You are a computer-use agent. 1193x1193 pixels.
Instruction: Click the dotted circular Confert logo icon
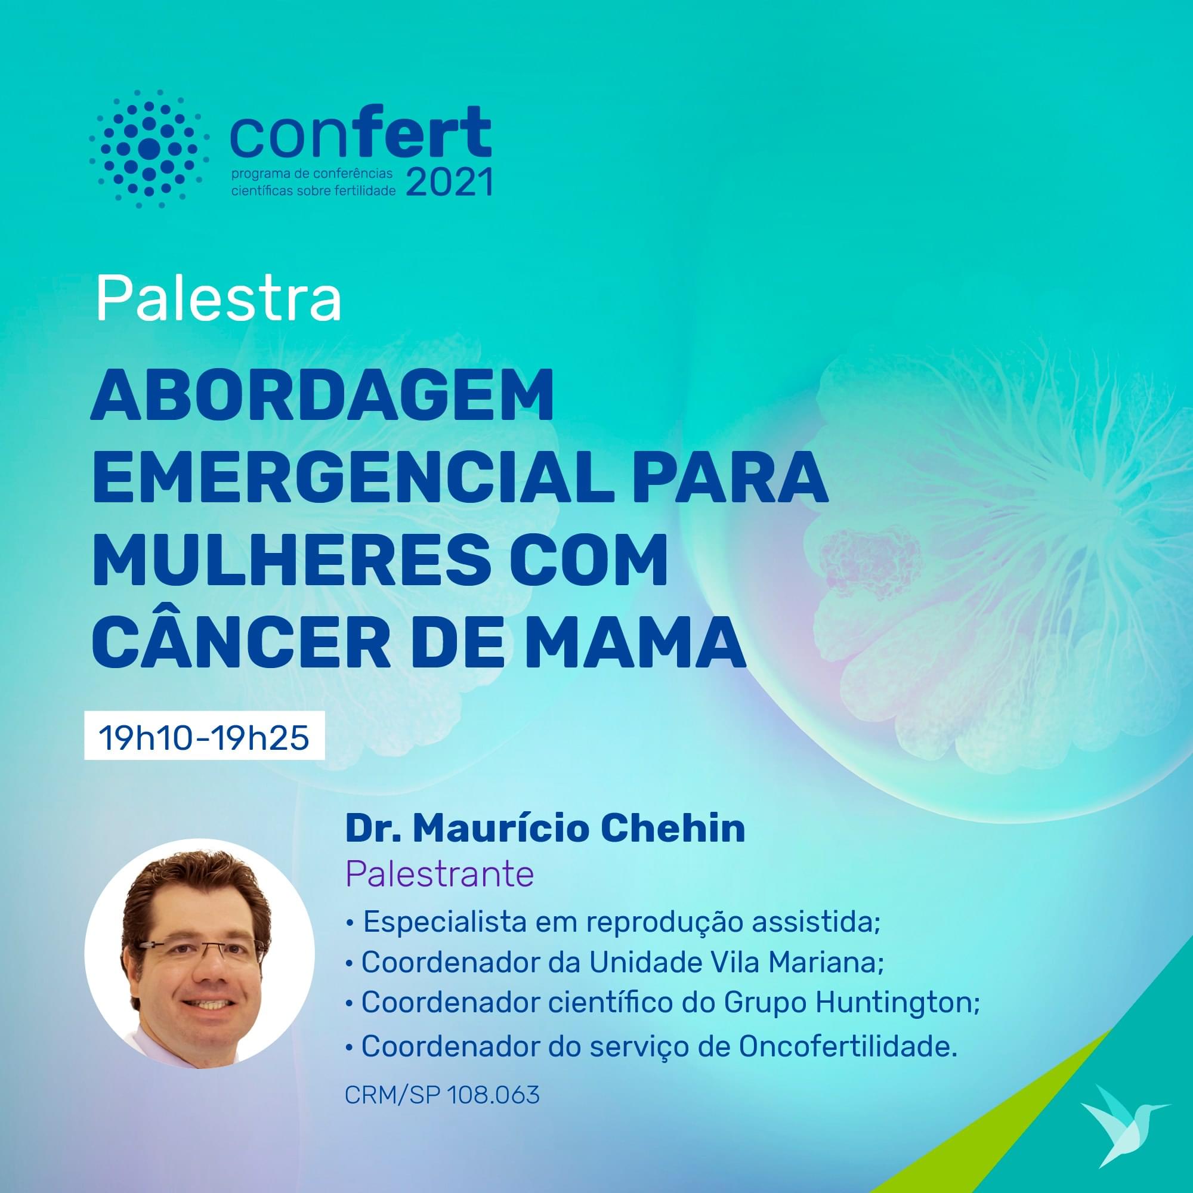[149, 148]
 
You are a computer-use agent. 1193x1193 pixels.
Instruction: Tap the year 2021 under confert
[450, 182]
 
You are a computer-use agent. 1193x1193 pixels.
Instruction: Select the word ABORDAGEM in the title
[322, 396]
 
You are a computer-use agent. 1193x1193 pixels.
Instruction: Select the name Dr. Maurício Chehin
[545, 829]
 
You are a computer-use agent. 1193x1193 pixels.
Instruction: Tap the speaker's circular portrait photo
[199, 954]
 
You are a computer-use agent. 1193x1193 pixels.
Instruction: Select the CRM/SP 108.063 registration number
[442, 1095]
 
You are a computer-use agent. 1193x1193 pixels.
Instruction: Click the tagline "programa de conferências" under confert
[311, 175]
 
